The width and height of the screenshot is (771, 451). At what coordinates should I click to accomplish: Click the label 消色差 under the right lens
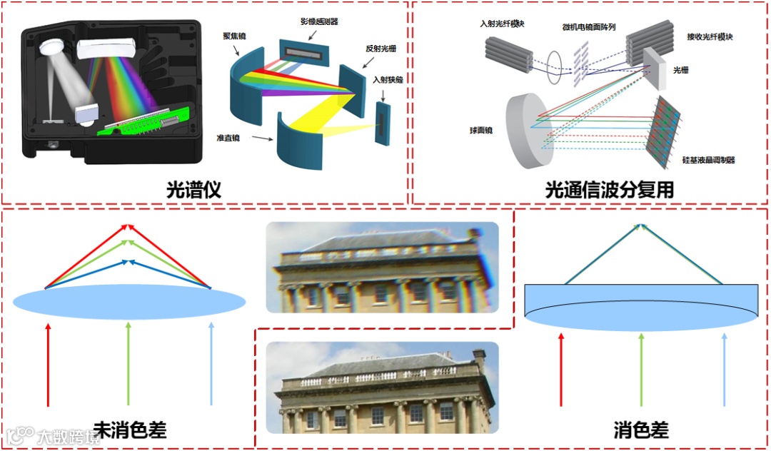pos(640,431)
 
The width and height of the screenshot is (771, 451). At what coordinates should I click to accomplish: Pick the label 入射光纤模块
pos(503,24)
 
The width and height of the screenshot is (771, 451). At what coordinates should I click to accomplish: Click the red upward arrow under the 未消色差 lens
pos(49,364)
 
